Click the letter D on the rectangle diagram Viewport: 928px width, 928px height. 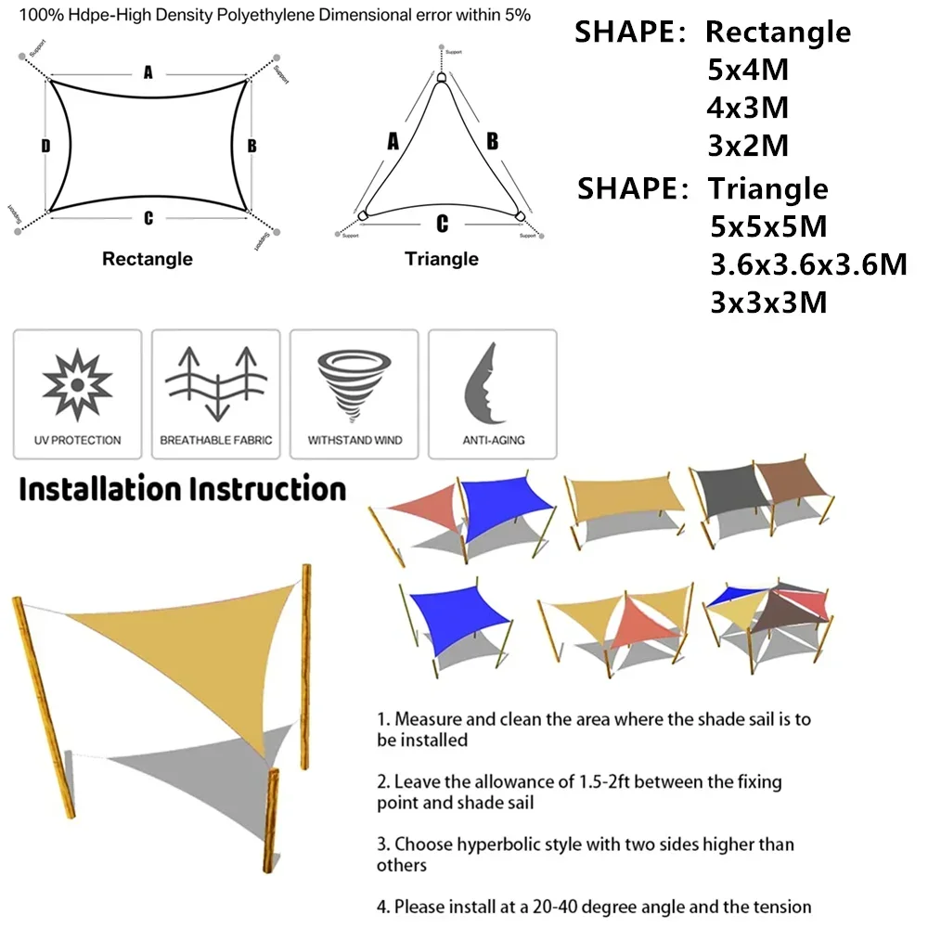click(x=45, y=146)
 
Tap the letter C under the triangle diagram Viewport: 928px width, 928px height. click(x=443, y=224)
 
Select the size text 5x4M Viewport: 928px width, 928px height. click(x=748, y=70)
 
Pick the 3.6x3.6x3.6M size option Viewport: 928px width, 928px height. click(x=807, y=264)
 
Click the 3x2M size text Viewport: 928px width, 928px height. click(x=748, y=146)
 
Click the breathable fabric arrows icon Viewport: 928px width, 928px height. click(x=216, y=381)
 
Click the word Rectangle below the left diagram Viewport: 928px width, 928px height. click(x=148, y=259)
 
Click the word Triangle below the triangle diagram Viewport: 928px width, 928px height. click(x=442, y=259)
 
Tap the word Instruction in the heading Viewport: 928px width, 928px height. click(x=267, y=489)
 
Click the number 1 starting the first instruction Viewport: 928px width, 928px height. click(x=381, y=718)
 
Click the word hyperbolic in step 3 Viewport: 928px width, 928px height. click(x=495, y=844)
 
